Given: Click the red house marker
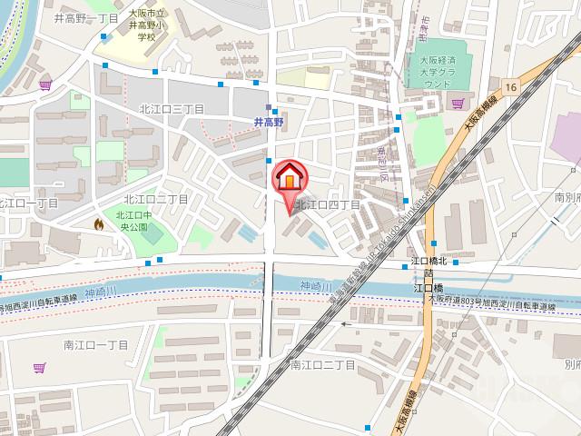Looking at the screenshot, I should pyautogui.click(x=289, y=176).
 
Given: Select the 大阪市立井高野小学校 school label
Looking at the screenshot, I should pyautogui.click(x=146, y=26).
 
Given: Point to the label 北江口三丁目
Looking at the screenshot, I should pyautogui.click(x=172, y=108).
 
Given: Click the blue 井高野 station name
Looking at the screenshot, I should pyautogui.click(x=269, y=121).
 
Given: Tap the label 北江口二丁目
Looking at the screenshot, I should pyautogui.click(x=155, y=199).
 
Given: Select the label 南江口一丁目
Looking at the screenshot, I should pyautogui.click(x=96, y=345).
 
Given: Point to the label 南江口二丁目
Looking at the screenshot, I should pyautogui.click(x=321, y=365).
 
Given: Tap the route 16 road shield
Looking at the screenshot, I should pyautogui.click(x=511, y=86).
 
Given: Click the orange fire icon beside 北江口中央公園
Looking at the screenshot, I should pyautogui.click(x=98, y=223).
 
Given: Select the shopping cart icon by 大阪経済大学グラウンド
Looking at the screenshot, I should pyautogui.click(x=458, y=103).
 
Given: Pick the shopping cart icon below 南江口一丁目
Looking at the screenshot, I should pyautogui.click(x=39, y=368).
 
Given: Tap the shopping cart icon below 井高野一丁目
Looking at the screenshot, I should pyautogui.click(x=45, y=86).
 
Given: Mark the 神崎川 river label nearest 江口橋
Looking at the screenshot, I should pyautogui.click(x=315, y=287).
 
